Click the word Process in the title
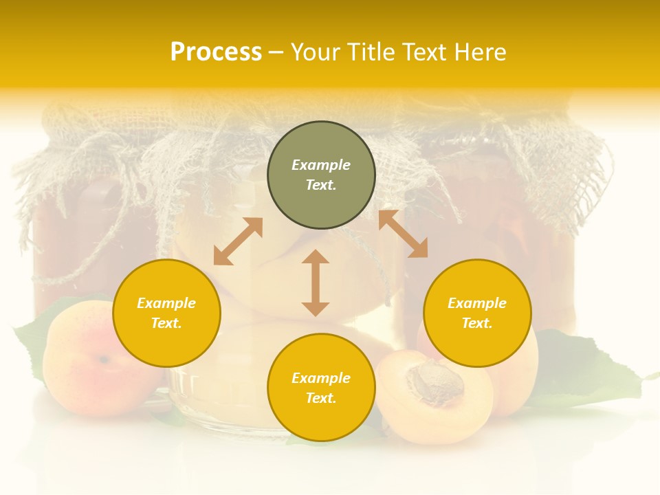[216, 52]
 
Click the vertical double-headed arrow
[316, 283]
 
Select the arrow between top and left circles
[238, 241]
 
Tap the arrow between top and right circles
[403, 234]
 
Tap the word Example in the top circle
[321, 165]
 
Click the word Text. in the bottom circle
[321, 398]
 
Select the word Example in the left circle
[166, 303]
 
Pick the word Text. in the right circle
[477, 323]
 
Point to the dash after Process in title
[276, 53]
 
